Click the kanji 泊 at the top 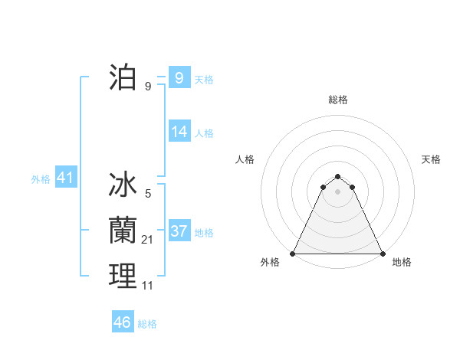pyautogui.click(x=123, y=78)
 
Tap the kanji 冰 pyautogui.click(x=123, y=186)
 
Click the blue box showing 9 pyautogui.click(x=179, y=77)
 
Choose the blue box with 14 pyautogui.click(x=179, y=132)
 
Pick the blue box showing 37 pyautogui.click(x=179, y=231)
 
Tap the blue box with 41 pyautogui.click(x=65, y=178)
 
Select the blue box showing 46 pyautogui.click(x=122, y=322)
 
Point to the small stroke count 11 pyautogui.click(x=148, y=286)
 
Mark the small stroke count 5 pyautogui.click(x=148, y=195)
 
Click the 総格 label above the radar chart pyautogui.click(x=337, y=100)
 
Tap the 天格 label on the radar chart pyautogui.click(x=431, y=159)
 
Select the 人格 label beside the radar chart pyautogui.click(x=245, y=159)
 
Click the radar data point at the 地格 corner pyautogui.click(x=382, y=254)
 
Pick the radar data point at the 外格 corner pyautogui.click(x=293, y=254)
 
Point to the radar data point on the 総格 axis pyautogui.click(x=337, y=176)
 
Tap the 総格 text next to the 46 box pyautogui.click(x=147, y=324)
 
